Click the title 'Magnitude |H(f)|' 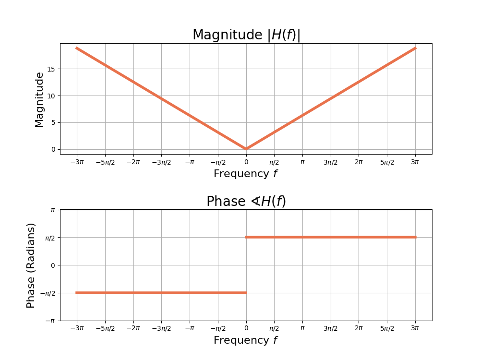click(246, 35)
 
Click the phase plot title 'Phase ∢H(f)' click(246, 202)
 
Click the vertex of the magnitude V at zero click(246, 149)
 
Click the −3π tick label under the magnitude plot click(77, 162)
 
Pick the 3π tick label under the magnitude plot click(415, 162)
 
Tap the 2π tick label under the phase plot click(359, 328)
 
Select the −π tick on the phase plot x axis click(190, 328)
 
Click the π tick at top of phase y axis click(53, 210)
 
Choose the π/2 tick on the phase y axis click(50, 238)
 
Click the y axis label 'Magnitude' click(39, 99)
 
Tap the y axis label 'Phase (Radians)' click(31, 265)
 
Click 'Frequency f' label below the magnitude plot click(246, 174)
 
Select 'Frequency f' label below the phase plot click(246, 340)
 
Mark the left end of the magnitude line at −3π click(77, 48)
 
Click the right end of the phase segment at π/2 click(415, 237)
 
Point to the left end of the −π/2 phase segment click(77, 293)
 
